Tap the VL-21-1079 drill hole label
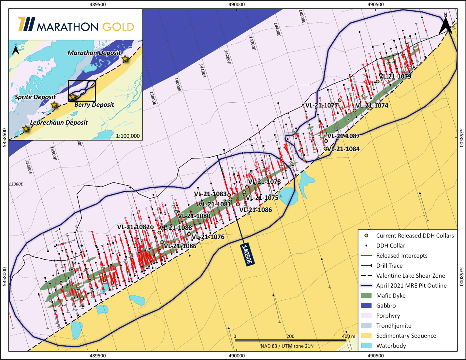(395, 77)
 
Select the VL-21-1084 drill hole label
(343, 149)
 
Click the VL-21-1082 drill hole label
(133, 227)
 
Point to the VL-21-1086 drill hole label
(255, 210)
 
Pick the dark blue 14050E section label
(247, 254)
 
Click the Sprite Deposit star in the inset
(54, 105)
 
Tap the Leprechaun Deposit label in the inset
(59, 123)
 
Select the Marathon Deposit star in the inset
(125, 59)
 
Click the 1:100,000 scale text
(128, 136)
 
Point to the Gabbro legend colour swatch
(366, 306)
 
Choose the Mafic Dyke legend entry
(391, 296)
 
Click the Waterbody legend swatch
(366, 346)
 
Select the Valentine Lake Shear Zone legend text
(410, 276)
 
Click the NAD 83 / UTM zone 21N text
(287, 346)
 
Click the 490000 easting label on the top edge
(237, 5)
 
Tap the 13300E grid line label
(16, 184)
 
